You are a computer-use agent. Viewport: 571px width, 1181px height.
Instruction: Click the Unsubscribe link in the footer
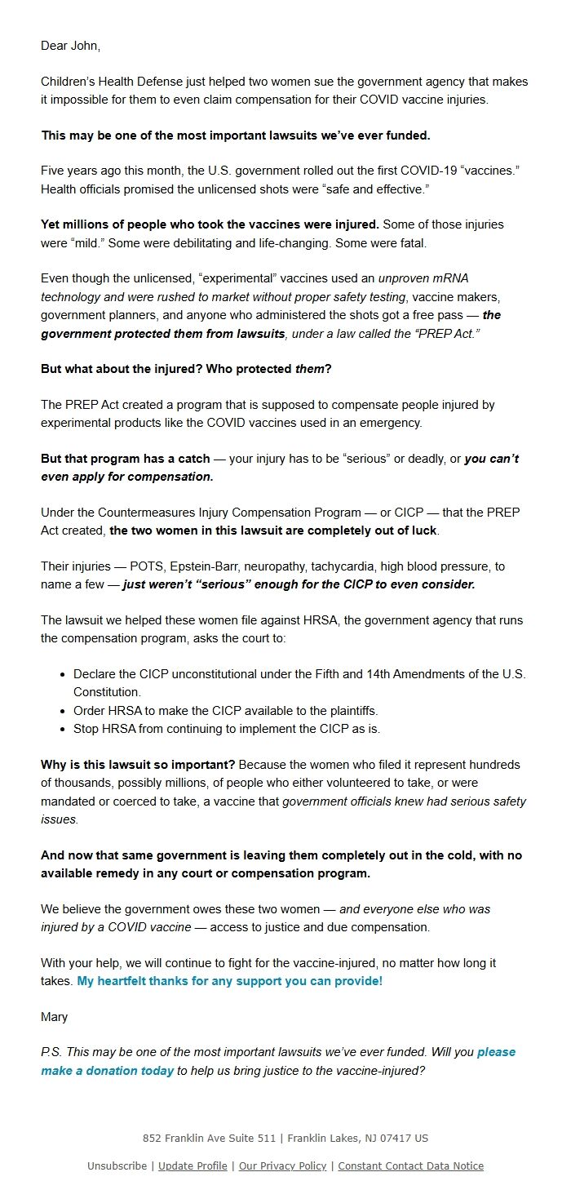[117, 1165]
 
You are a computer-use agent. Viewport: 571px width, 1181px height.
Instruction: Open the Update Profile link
[193, 1165]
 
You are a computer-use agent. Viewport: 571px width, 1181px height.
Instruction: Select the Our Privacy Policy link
[282, 1165]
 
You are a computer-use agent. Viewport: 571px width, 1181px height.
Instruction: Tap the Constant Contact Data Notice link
[410, 1165]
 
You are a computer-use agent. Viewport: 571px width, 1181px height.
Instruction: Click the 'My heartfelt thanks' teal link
[229, 981]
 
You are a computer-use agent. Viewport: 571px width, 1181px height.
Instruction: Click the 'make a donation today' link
[107, 1071]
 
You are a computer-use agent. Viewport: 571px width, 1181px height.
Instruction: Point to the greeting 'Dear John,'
[71, 46]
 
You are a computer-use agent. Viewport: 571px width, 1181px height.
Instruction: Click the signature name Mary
[55, 1017]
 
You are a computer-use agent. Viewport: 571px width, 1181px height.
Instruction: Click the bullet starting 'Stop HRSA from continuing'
[226, 729]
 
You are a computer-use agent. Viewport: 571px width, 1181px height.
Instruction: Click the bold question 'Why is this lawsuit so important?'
[138, 765]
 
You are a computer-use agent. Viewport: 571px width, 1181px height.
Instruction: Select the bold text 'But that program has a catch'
[126, 459]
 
